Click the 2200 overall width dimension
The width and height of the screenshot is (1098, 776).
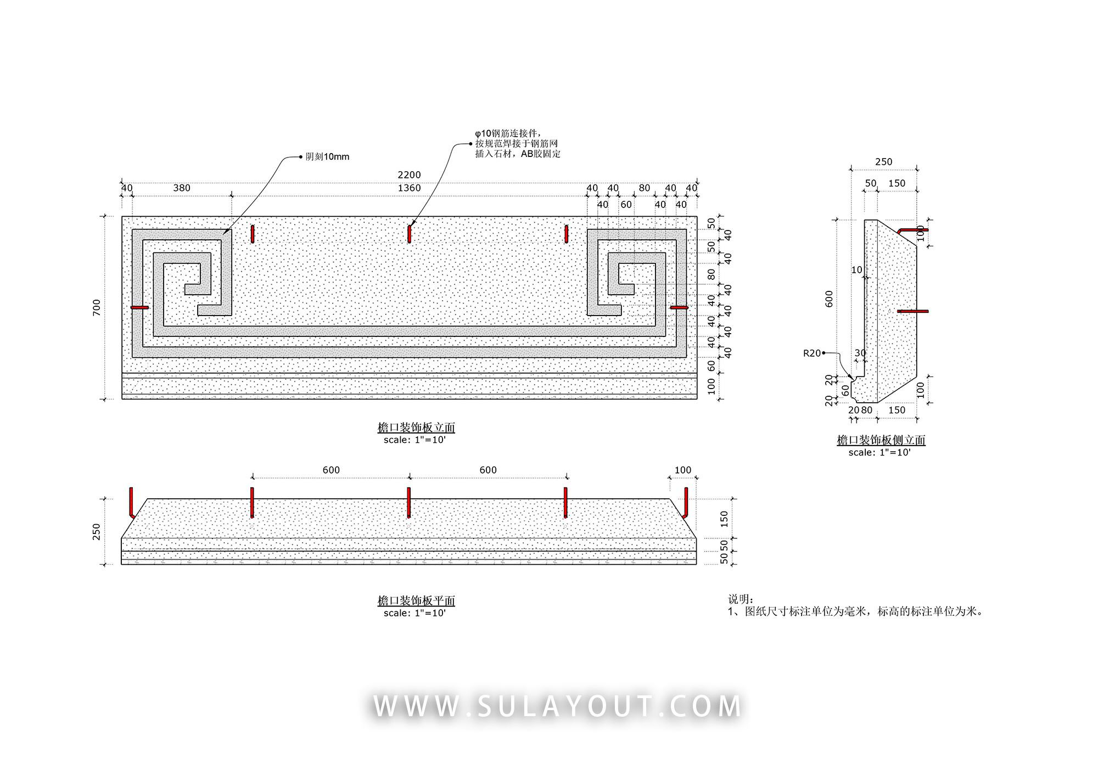click(409, 175)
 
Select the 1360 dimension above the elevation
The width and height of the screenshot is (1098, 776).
click(409, 188)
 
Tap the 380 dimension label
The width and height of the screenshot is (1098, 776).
click(182, 188)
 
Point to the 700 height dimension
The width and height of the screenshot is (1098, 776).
click(97, 307)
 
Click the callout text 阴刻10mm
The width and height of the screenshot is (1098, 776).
click(327, 157)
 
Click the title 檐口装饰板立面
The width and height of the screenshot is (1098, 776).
click(416, 428)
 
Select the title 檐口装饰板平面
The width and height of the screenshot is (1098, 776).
click(416, 601)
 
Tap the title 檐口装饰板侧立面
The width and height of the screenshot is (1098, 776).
click(881, 440)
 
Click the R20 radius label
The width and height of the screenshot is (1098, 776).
click(812, 353)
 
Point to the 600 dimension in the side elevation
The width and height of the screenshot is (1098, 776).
click(830, 299)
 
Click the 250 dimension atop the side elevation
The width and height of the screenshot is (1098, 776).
click(884, 162)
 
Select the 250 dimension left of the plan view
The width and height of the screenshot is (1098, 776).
click(97, 532)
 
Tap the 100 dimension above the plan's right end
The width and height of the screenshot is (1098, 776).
click(683, 470)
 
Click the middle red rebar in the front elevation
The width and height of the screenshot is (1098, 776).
click(410, 234)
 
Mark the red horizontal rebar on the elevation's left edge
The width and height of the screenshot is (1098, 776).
click(140, 308)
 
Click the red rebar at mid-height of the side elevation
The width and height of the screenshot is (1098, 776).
click(913, 312)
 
